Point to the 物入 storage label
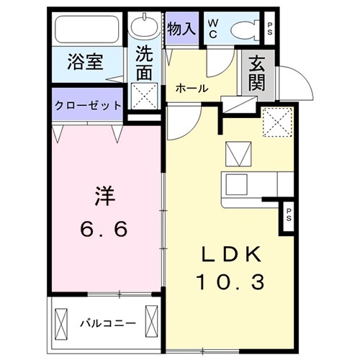181,29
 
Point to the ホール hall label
192,89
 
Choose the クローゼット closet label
88,105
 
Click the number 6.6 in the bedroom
105,229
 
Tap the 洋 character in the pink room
106,195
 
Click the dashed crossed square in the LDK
277,121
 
